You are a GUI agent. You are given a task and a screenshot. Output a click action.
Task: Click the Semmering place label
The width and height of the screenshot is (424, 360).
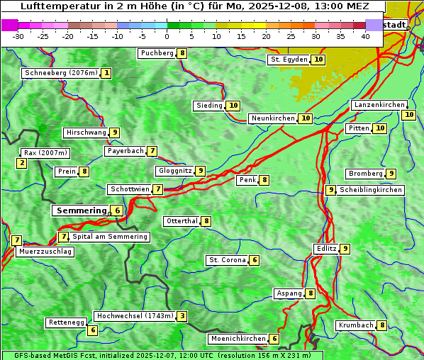(80, 210)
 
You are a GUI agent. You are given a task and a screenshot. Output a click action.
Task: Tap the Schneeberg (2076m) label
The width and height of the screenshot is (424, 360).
(60, 73)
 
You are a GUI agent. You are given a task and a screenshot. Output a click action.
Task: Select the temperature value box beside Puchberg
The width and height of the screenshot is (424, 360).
(182, 53)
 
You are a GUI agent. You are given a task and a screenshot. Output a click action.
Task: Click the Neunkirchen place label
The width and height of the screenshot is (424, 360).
(273, 118)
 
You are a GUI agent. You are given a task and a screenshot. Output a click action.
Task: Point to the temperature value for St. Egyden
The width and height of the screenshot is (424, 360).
(319, 60)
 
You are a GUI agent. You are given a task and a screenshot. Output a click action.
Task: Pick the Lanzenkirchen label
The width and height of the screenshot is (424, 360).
(379, 105)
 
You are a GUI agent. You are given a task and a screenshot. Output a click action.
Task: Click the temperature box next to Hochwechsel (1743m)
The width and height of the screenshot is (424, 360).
(182, 316)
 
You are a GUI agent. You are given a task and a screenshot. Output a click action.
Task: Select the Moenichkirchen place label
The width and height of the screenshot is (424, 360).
(238, 339)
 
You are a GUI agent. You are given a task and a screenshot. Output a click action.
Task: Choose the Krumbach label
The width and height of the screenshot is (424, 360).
(355, 325)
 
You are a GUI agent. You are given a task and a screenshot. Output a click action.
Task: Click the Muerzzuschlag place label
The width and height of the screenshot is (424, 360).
(45, 252)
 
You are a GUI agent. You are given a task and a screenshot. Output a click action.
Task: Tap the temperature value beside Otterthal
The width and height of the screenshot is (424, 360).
(206, 221)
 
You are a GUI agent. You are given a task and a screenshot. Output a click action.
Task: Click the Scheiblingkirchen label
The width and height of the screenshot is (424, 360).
(371, 190)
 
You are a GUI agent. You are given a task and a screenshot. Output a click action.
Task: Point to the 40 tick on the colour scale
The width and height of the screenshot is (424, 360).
(365, 36)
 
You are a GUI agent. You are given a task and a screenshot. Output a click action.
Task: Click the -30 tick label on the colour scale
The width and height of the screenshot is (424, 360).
(18, 36)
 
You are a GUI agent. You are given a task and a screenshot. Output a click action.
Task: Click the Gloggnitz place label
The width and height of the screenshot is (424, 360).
(174, 171)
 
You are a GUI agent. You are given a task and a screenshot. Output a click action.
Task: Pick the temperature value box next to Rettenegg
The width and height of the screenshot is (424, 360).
(92, 330)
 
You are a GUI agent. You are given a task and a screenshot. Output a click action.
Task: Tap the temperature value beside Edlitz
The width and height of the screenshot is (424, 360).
(345, 249)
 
